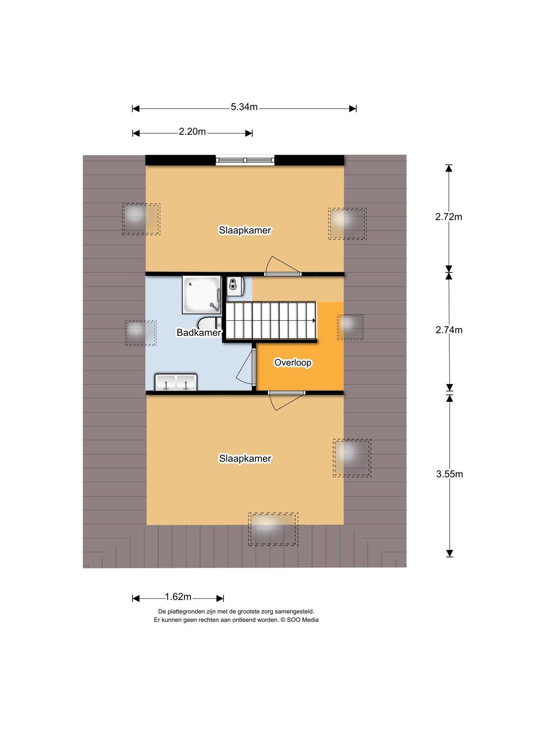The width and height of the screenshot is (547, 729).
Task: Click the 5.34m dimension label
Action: [x=244, y=107]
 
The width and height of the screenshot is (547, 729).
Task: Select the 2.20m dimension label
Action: [x=192, y=132]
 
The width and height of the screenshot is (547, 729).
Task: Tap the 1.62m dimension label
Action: [x=178, y=597]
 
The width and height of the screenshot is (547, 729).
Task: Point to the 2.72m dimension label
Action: [x=449, y=217]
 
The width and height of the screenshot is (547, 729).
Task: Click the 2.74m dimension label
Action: [x=449, y=330]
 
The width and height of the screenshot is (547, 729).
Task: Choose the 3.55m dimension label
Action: [x=449, y=474]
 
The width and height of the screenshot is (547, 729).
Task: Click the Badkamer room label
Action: [x=199, y=333]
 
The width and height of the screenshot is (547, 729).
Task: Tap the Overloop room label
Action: [x=293, y=363]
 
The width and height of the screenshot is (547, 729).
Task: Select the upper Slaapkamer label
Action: [x=245, y=230]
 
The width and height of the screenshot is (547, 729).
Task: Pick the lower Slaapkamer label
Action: [x=245, y=459]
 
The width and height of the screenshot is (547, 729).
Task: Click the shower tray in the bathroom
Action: [x=202, y=295]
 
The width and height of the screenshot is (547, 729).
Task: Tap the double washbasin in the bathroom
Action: [x=175, y=382]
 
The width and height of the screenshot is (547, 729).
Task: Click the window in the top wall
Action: [x=245, y=160]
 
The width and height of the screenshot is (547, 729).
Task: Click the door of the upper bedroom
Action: [x=283, y=266]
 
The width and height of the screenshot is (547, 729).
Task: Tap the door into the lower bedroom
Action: [x=286, y=401]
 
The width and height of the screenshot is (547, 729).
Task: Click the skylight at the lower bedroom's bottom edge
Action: [x=273, y=529]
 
